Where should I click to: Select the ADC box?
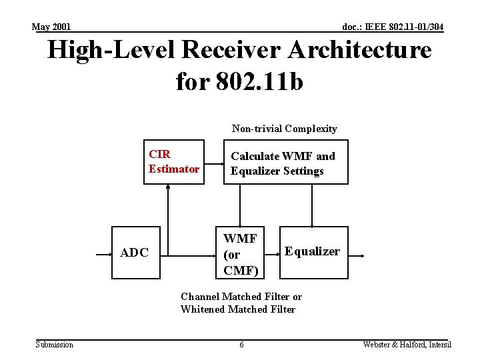134,253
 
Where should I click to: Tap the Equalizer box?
312,252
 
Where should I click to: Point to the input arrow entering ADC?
104,255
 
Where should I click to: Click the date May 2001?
51,27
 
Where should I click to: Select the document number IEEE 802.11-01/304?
392,27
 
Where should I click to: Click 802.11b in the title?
259,81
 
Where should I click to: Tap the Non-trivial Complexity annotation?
284,129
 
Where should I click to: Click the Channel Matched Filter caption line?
241,297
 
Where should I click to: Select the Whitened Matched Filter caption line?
237,309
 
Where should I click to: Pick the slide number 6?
241,345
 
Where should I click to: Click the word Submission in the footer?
55,345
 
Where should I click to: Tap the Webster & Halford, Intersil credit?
407,345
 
